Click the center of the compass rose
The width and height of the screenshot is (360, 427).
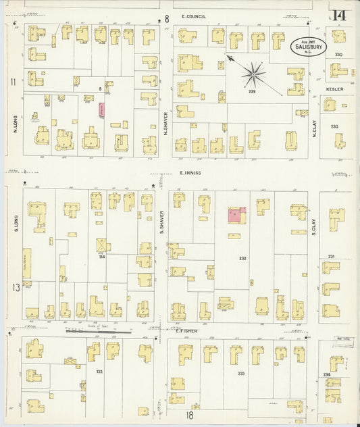[253, 74]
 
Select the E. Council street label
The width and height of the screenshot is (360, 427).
[193, 16]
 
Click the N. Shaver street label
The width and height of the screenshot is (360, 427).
[165, 123]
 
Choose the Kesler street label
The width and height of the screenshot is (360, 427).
[335, 89]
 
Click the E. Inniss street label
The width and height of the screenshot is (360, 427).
[192, 173]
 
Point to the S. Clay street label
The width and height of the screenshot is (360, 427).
[314, 232]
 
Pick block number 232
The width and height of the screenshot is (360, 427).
[242, 257]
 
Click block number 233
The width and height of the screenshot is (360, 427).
[241, 372]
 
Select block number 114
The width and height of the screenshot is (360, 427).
[102, 257]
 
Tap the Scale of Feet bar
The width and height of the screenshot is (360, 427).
[99, 332]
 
